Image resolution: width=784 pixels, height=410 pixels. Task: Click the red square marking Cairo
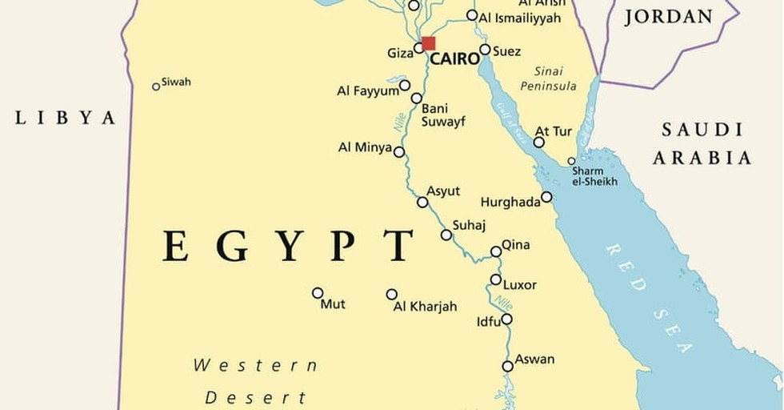click(428, 43)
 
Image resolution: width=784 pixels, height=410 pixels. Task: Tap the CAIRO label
click(454, 59)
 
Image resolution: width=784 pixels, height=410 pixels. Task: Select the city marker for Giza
click(418, 48)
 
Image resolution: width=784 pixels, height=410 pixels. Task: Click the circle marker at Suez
click(485, 50)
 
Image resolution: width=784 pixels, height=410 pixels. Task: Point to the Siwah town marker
click(156, 86)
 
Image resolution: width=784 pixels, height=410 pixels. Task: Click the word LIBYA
click(66, 119)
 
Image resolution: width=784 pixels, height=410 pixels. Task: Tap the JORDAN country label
click(668, 17)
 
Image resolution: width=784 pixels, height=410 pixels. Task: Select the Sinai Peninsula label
click(548, 78)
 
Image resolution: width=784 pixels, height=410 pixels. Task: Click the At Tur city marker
click(539, 142)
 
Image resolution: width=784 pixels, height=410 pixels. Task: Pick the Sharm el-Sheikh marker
click(571, 161)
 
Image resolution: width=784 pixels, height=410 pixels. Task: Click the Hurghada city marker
click(546, 197)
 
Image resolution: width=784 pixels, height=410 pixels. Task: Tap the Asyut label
click(443, 191)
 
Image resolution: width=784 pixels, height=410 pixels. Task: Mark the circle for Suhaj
click(446, 235)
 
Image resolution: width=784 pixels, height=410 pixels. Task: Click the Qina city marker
click(496, 251)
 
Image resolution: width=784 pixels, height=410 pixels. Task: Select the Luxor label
click(520, 285)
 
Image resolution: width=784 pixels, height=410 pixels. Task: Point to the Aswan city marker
click(507, 366)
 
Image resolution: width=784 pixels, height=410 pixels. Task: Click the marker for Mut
click(318, 293)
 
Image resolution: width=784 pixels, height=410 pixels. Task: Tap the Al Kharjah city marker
click(391, 295)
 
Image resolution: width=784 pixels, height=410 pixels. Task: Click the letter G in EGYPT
click(232, 246)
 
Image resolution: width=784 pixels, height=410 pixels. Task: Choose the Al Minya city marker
click(398, 151)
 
